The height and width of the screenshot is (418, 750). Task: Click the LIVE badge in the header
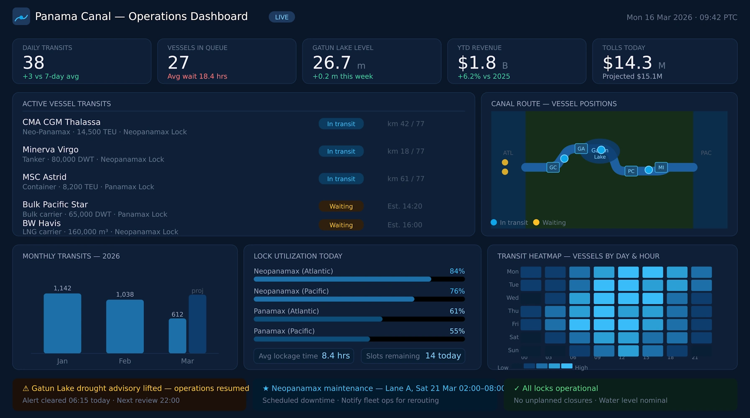[282, 17]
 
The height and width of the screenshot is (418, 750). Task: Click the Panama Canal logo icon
[21, 17]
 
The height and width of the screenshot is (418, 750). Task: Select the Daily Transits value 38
[33, 63]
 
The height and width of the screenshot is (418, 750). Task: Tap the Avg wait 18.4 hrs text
[197, 76]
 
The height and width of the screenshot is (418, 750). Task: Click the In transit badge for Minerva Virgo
[341, 151]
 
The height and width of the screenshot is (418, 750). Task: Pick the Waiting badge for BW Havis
[341, 225]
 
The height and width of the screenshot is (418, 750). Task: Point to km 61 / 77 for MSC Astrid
[405, 179]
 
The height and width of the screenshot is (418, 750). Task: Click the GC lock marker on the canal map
[553, 167]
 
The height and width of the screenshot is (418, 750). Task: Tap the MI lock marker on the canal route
[661, 167]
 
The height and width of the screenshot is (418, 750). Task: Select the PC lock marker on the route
[631, 171]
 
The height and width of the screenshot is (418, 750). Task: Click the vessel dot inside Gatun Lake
[601, 150]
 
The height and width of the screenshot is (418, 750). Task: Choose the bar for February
[125, 326]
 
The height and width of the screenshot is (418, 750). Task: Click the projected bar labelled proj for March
[197, 324]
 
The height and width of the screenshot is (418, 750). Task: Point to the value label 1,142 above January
[62, 288]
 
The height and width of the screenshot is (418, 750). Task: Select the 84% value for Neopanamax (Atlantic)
[457, 271]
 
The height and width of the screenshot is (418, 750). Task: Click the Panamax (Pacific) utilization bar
[359, 339]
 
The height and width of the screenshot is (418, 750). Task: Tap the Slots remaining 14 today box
[413, 356]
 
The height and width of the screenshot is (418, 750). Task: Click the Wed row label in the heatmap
[512, 298]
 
